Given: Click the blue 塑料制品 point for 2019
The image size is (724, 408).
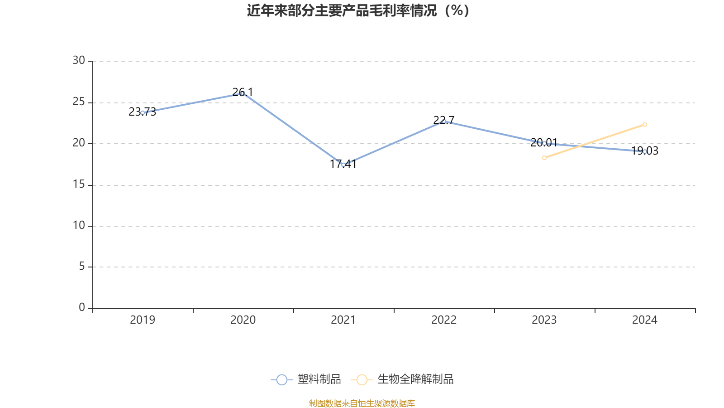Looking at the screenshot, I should click(143, 112).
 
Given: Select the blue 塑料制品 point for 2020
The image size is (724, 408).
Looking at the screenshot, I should click(243, 93).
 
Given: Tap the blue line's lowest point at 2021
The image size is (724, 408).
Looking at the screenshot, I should click(343, 165).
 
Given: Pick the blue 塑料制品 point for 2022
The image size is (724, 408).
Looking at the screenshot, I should click(444, 121).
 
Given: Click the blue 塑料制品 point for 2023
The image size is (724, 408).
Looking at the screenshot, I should click(544, 143).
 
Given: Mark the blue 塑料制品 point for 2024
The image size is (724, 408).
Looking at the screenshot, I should click(645, 151).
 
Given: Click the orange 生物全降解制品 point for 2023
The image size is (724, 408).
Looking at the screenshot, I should click(544, 158).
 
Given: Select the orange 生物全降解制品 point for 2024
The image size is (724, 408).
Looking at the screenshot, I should click(645, 125).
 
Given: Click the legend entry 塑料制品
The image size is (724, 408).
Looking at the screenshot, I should click(306, 379).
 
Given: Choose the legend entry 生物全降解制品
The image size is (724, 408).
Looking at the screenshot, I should click(402, 379).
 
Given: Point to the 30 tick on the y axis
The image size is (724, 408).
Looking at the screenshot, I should click(79, 61).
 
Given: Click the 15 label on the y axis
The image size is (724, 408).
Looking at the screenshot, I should click(79, 185).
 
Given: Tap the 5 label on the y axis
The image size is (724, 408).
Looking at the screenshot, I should click(82, 267).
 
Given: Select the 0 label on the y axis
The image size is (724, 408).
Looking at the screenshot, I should click(82, 308).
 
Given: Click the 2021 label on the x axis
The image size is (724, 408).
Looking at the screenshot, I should click(343, 320).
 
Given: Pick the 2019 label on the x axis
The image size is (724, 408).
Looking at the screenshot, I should click(143, 320).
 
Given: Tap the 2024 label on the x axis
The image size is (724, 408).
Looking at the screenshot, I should click(645, 320).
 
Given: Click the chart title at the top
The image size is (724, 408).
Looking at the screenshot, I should click(358, 10).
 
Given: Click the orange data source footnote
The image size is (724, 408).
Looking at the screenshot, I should click(362, 403).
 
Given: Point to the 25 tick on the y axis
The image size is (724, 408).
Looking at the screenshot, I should click(79, 102).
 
